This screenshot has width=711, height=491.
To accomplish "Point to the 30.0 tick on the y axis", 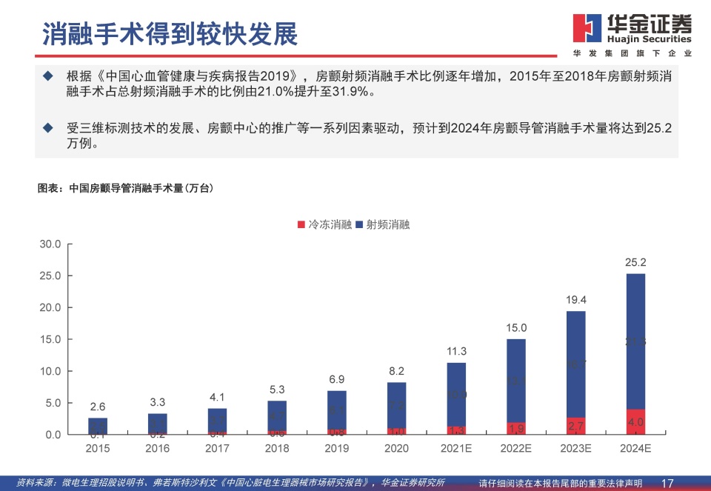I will pos(50,244).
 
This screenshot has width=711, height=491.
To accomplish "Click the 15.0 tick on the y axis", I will pos(50,339).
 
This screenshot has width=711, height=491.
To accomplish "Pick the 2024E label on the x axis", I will pos(635,449).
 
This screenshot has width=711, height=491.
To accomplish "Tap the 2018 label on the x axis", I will pos(277,449).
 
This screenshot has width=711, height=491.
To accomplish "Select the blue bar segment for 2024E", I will pos(635,341).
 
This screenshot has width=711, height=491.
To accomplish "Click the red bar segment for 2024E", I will pos(635,421).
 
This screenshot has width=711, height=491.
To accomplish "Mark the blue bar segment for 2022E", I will pos(516,381).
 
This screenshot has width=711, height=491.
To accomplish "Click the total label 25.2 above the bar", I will pos(635,262).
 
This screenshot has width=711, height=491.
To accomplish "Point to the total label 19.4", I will pos(575,299).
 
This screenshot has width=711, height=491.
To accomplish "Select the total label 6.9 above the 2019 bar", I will pos(337,379).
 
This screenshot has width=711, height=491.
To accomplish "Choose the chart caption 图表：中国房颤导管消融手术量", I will pos(126,188).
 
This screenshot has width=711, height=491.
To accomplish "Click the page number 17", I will pos(667,483).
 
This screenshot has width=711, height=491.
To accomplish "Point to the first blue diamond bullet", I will pos(48,76).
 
